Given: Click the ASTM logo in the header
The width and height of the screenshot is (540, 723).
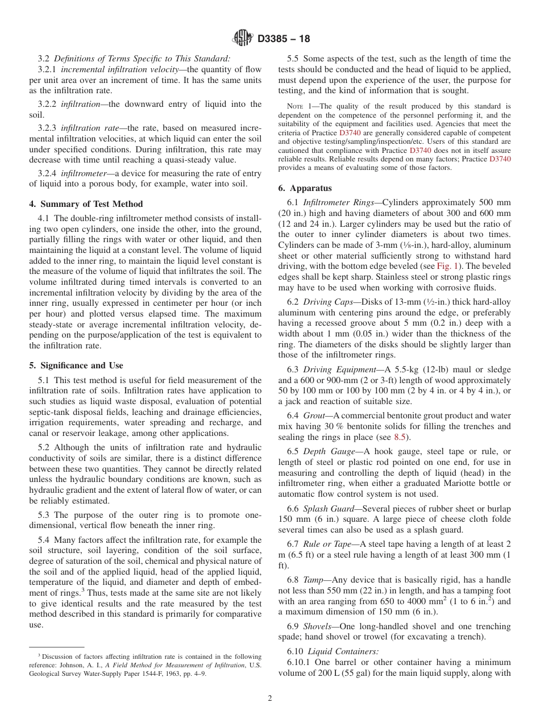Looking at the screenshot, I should pyautogui.click(x=243, y=39).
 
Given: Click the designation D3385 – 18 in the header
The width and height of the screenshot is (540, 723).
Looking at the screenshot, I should pyautogui.click(x=284, y=39).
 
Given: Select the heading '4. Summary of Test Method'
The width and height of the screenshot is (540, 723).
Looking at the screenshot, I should pyautogui.click(x=86, y=204).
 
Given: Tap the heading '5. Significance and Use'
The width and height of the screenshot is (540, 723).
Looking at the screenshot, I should pyautogui.click(x=76, y=365).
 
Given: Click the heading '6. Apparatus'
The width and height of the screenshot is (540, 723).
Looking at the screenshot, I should pyautogui.click(x=305, y=188).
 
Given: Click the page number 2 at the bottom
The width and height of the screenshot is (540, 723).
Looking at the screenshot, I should pyautogui.click(x=270, y=699).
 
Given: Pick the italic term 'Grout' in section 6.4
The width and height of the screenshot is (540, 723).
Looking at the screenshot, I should pyautogui.click(x=314, y=415).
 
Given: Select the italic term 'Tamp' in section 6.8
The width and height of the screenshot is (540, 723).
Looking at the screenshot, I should pyautogui.click(x=314, y=580).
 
